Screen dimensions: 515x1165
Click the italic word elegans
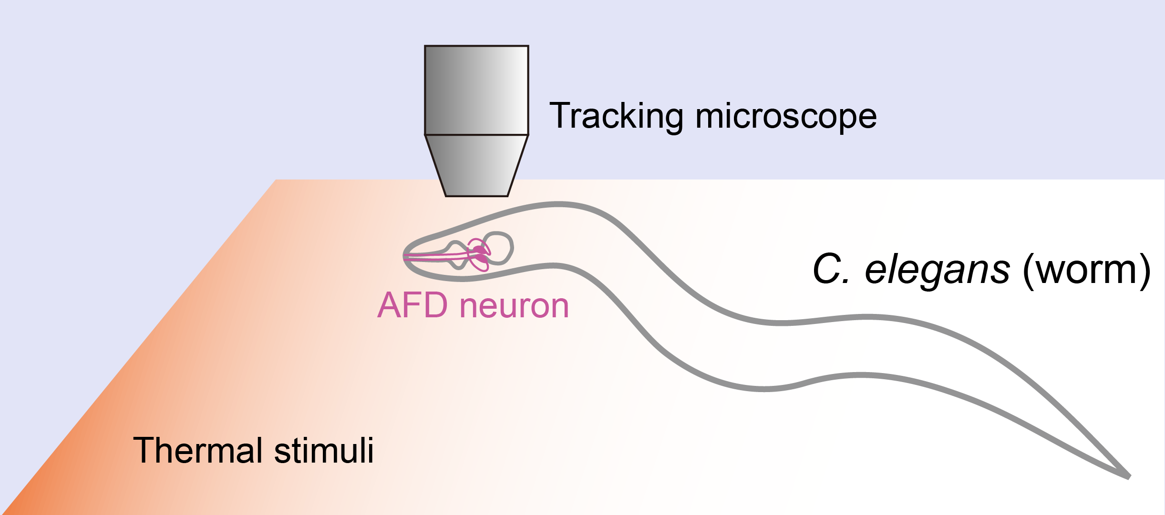click(x=937, y=270)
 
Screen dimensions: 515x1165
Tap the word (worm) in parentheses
click(x=1087, y=270)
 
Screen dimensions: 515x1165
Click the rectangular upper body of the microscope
click(x=476, y=90)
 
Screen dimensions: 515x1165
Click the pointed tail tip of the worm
click(x=1128, y=476)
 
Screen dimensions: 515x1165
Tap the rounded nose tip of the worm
click(x=405, y=256)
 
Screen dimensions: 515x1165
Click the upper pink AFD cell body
click(x=479, y=250)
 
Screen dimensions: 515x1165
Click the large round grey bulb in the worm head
click(x=498, y=248)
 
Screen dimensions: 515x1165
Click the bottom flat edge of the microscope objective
click(x=476, y=195)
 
